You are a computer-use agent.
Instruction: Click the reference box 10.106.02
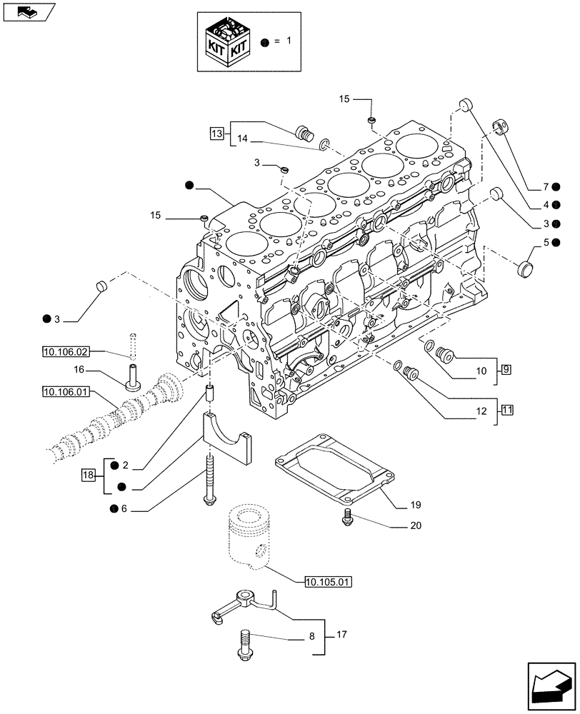pyautogui.click(x=65, y=351)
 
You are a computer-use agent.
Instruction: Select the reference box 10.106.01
pyautogui.click(x=65, y=391)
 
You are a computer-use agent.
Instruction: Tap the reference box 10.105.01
pyautogui.click(x=328, y=581)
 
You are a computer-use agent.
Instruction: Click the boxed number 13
pyautogui.click(x=217, y=132)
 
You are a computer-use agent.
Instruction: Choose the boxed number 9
pyautogui.click(x=506, y=370)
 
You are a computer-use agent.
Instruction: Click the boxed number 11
pyautogui.click(x=506, y=410)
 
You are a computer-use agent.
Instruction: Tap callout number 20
pyautogui.click(x=416, y=526)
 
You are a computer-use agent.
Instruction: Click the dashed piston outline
pyautogui.click(x=249, y=535)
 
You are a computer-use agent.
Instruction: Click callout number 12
pyautogui.click(x=479, y=411)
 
